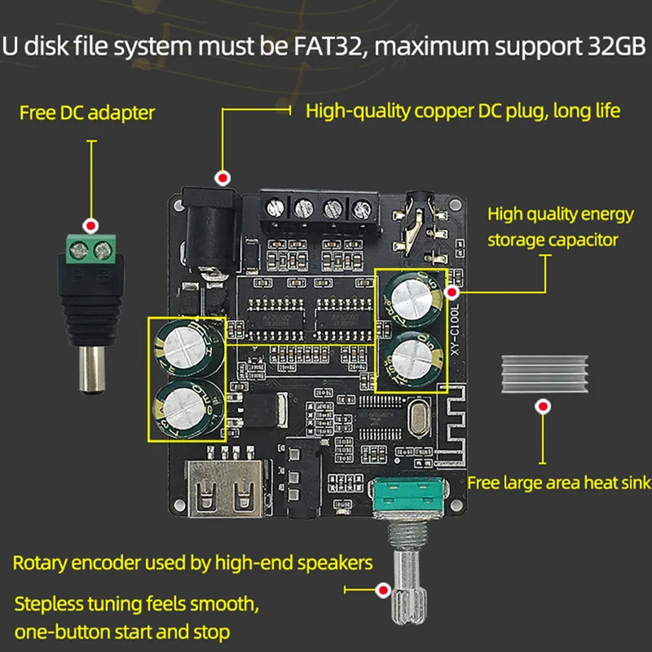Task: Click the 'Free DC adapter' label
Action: coord(87,112)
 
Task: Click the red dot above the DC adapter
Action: coord(92,226)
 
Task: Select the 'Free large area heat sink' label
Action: coord(559,482)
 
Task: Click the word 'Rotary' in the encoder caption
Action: coord(40,562)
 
